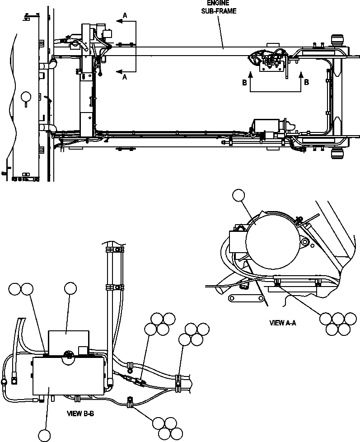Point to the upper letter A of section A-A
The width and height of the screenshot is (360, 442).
pos(125,15)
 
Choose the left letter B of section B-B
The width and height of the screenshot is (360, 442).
pos(244,82)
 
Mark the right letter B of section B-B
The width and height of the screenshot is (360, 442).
pos(306,82)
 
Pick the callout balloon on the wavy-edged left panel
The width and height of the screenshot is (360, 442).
pos(27,96)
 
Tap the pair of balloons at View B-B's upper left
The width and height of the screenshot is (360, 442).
pos(21,289)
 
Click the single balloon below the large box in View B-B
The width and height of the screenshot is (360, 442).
pos(45,435)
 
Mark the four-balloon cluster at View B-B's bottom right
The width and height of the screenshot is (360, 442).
pos(164,427)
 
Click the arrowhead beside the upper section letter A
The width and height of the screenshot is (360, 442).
pos(118,20)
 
